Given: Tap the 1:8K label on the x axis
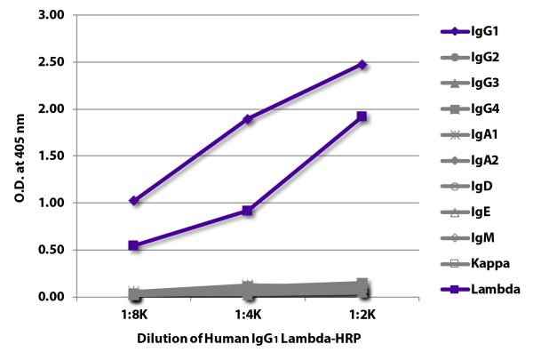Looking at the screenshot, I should coord(133,315).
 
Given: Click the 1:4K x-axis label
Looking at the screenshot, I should coord(248,315).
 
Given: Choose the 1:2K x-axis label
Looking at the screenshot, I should coord(362,315).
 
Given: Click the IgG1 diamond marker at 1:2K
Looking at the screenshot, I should coord(362,65).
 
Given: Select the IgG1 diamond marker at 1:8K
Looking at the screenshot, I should coord(133,201).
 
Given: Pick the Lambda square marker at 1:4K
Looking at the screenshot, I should coord(248,211).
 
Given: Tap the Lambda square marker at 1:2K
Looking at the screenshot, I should coord(362,116).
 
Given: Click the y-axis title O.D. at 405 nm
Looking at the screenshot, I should coord(20,156).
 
